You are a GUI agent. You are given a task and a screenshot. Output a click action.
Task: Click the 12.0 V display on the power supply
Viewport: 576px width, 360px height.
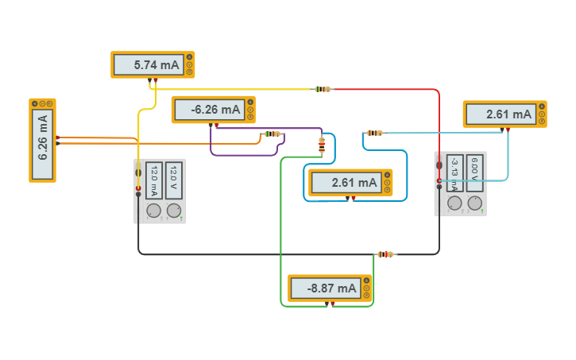point(174,182)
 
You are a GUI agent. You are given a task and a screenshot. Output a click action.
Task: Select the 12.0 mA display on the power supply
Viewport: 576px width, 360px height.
point(154,182)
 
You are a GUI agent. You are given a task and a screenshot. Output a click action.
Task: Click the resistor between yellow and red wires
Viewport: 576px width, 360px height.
point(322,89)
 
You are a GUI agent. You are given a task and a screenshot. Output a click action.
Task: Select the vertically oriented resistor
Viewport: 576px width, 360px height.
point(321,145)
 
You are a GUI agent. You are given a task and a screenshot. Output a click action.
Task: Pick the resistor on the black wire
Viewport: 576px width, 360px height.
point(385,254)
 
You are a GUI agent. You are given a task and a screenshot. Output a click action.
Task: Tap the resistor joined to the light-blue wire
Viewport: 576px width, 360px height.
point(374,133)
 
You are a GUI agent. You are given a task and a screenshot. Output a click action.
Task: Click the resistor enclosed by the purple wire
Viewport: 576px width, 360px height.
point(273,134)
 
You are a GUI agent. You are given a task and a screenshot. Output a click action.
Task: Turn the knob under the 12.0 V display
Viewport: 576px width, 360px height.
point(173,211)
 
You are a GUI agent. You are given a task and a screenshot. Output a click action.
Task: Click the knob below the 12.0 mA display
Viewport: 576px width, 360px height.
point(153,211)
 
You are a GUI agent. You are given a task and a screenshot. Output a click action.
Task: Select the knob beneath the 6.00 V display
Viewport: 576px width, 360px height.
point(474,203)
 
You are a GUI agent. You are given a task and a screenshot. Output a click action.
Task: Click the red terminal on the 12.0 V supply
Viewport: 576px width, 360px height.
point(138,188)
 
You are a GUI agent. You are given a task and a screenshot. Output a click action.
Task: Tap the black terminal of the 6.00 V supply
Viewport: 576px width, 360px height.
point(439,165)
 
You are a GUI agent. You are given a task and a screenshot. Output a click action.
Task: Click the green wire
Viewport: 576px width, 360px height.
point(281,238)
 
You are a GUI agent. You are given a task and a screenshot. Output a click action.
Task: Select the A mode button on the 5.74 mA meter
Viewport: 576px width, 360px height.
point(189,58)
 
